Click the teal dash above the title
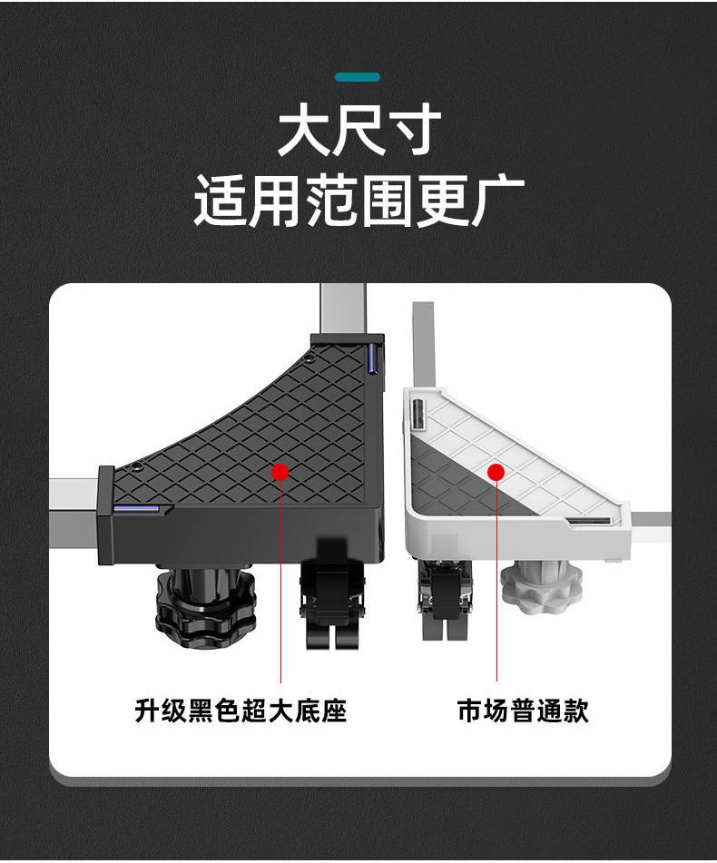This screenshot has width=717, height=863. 358,77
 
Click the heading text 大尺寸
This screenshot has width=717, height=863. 359,131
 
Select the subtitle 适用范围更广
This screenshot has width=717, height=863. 358,201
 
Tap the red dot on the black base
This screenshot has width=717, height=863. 280,472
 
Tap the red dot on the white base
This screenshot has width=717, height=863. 496,472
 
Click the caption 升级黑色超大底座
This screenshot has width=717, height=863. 241,710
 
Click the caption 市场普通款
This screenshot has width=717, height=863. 523,710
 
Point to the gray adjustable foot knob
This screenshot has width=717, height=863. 542,586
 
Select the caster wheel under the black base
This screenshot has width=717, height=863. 332,594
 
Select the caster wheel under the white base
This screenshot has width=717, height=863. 445,599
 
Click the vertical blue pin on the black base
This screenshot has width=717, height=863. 372,358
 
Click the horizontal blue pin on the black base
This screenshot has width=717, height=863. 136,508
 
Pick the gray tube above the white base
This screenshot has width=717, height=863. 424,343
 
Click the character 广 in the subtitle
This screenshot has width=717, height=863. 497,201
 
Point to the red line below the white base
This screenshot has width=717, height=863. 496,581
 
